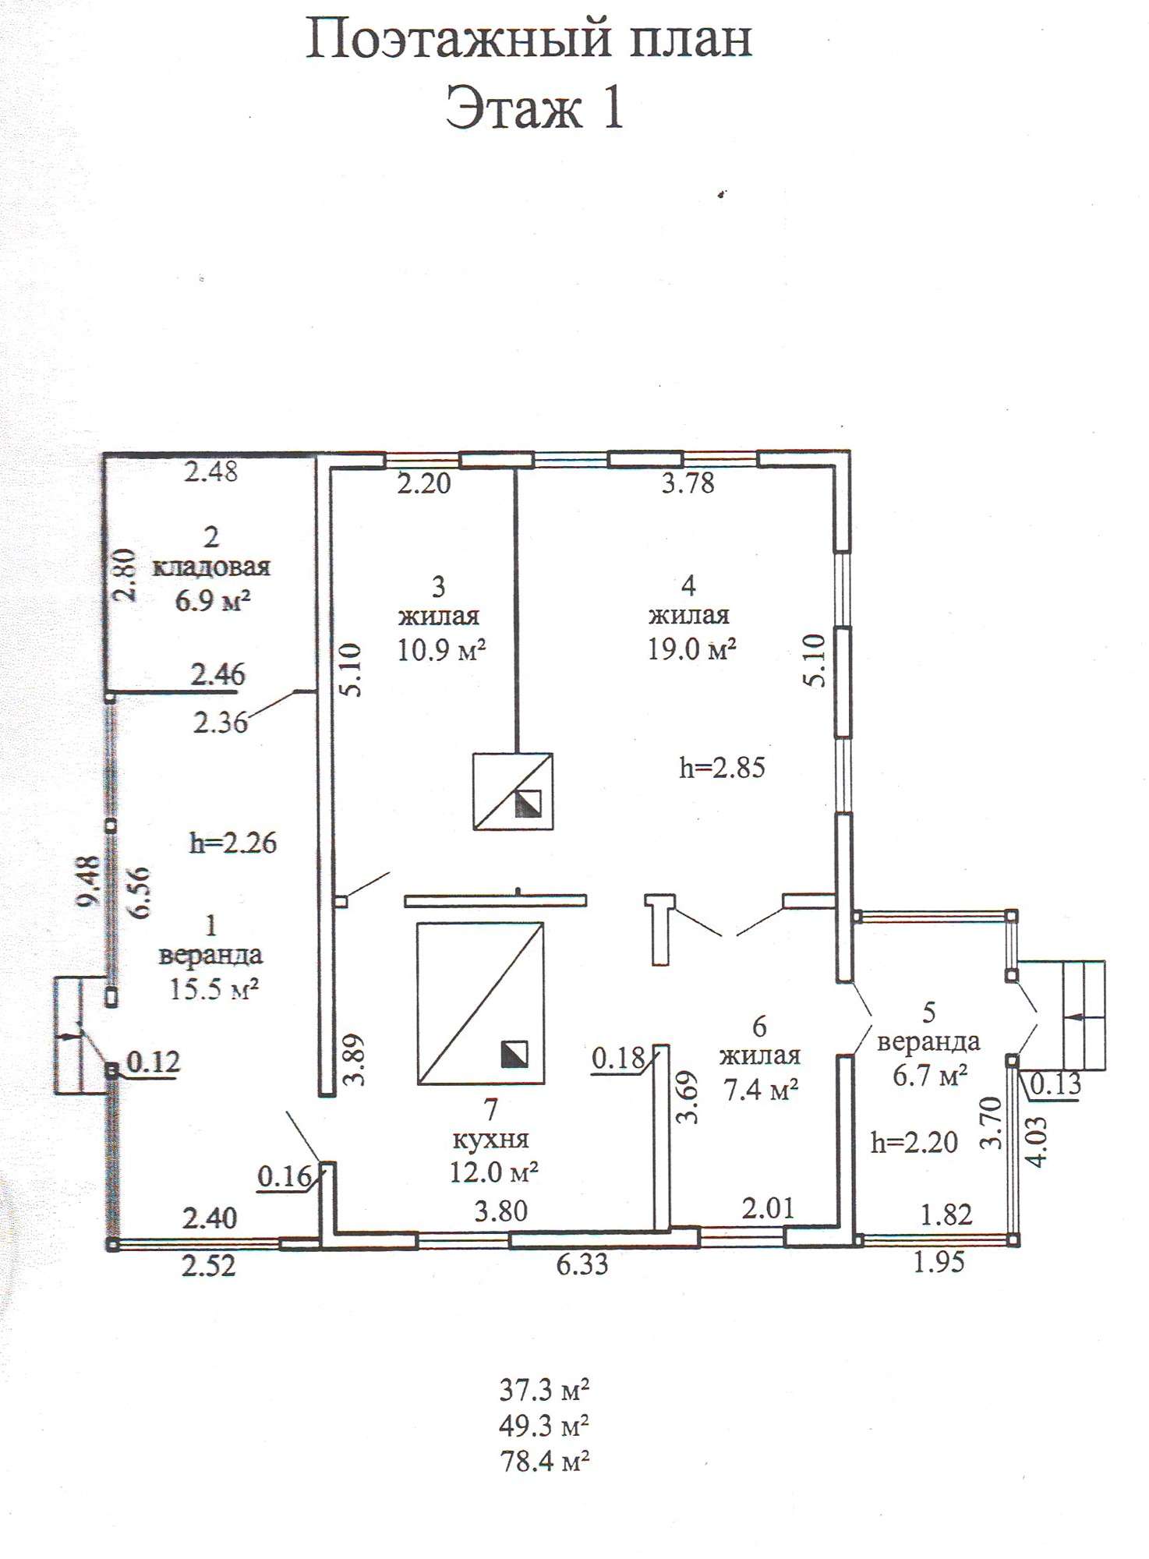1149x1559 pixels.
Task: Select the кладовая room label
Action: [x=211, y=567]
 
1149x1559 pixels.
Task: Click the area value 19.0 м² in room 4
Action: [x=692, y=649]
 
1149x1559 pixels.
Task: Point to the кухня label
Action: [x=491, y=1139]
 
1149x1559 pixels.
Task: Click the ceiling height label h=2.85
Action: [x=722, y=768]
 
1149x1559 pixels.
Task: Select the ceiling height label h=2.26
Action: [x=233, y=843]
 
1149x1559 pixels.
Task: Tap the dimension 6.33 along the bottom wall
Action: [x=582, y=1264]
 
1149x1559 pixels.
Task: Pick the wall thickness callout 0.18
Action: [x=618, y=1059]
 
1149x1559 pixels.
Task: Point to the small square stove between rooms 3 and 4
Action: [x=514, y=791]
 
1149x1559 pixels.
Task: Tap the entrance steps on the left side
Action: [x=80, y=1034]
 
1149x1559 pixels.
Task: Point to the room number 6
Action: [x=760, y=1023]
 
